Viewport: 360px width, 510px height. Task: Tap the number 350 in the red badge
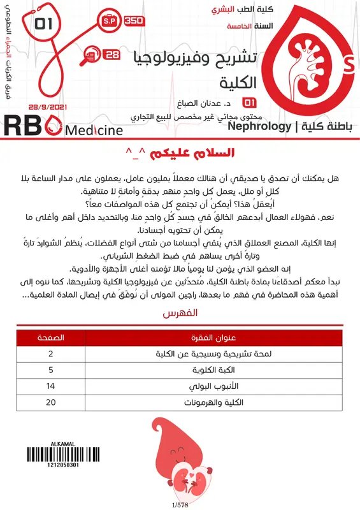coord(134,20)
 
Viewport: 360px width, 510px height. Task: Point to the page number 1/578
coord(180,505)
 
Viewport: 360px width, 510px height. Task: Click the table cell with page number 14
coord(50,386)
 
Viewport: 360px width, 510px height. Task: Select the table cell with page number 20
coord(50,403)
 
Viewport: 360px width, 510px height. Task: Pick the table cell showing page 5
coord(50,370)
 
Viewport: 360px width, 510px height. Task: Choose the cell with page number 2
coord(50,353)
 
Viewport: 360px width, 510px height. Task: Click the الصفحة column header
coord(50,337)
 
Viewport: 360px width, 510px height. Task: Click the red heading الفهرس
coord(180,315)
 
